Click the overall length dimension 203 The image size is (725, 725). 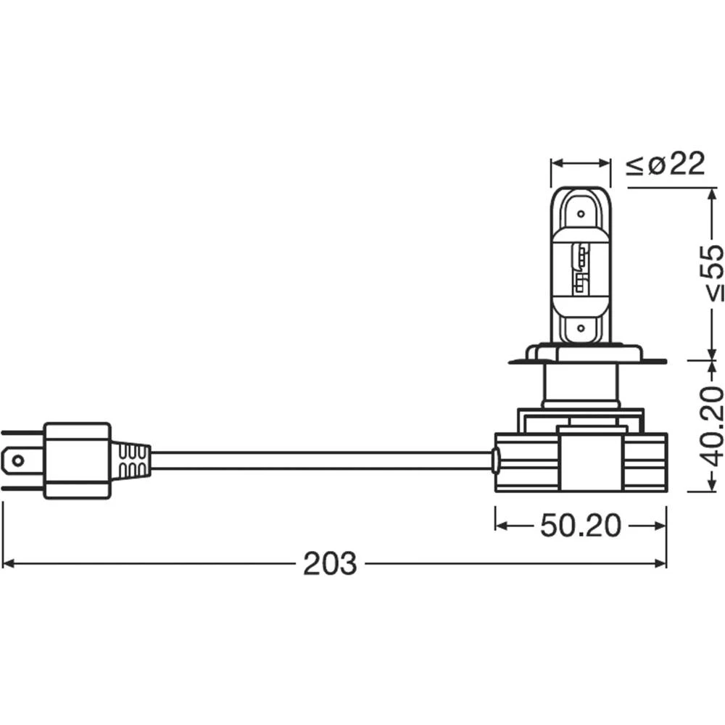(x=330, y=563)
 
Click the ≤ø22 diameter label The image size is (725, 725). (x=665, y=165)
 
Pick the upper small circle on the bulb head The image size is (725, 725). (x=580, y=214)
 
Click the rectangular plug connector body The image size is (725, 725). (x=77, y=460)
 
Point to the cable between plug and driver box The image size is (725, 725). (x=319, y=460)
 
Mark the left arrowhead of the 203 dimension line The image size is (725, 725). (x=9, y=563)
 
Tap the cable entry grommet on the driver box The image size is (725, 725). (x=495, y=460)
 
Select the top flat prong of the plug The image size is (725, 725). (x=22, y=434)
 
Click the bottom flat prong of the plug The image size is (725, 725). (x=22, y=487)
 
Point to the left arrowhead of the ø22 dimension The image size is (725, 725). (x=556, y=164)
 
